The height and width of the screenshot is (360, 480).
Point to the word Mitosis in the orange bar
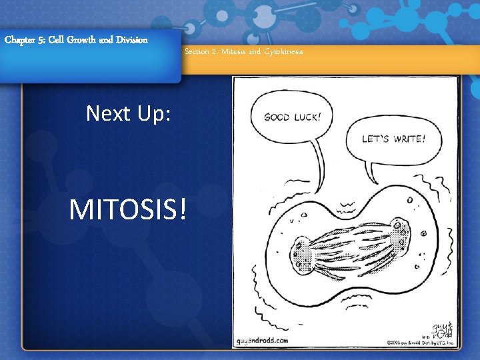(x=233, y=52)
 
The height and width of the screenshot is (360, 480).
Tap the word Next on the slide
(x=107, y=114)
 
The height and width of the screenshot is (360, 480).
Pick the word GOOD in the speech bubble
(x=277, y=117)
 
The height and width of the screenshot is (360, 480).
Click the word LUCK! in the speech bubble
(x=307, y=117)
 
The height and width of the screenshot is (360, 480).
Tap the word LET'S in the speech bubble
(x=375, y=139)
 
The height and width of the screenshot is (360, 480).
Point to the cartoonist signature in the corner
(x=443, y=329)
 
